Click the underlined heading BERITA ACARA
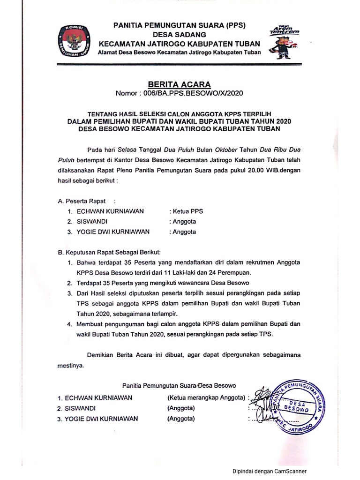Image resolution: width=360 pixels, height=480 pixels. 180,85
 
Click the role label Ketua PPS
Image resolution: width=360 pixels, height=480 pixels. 186,211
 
